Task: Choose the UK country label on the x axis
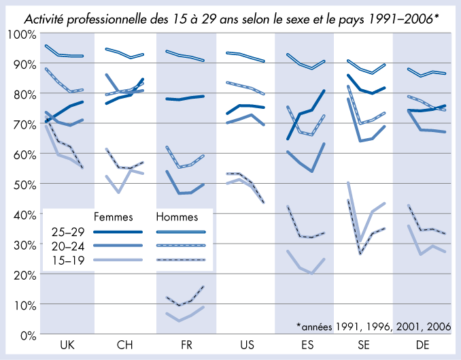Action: tap(67, 346)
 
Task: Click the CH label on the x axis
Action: tap(125, 346)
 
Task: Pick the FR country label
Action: tap(186, 346)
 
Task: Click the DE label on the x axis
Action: tap(422, 346)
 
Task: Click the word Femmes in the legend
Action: tap(112, 218)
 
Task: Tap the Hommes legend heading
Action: tap(177, 218)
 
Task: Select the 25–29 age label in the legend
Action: tap(67, 232)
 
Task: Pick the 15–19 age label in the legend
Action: tap(67, 260)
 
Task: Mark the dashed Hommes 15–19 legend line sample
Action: tap(180, 260)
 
